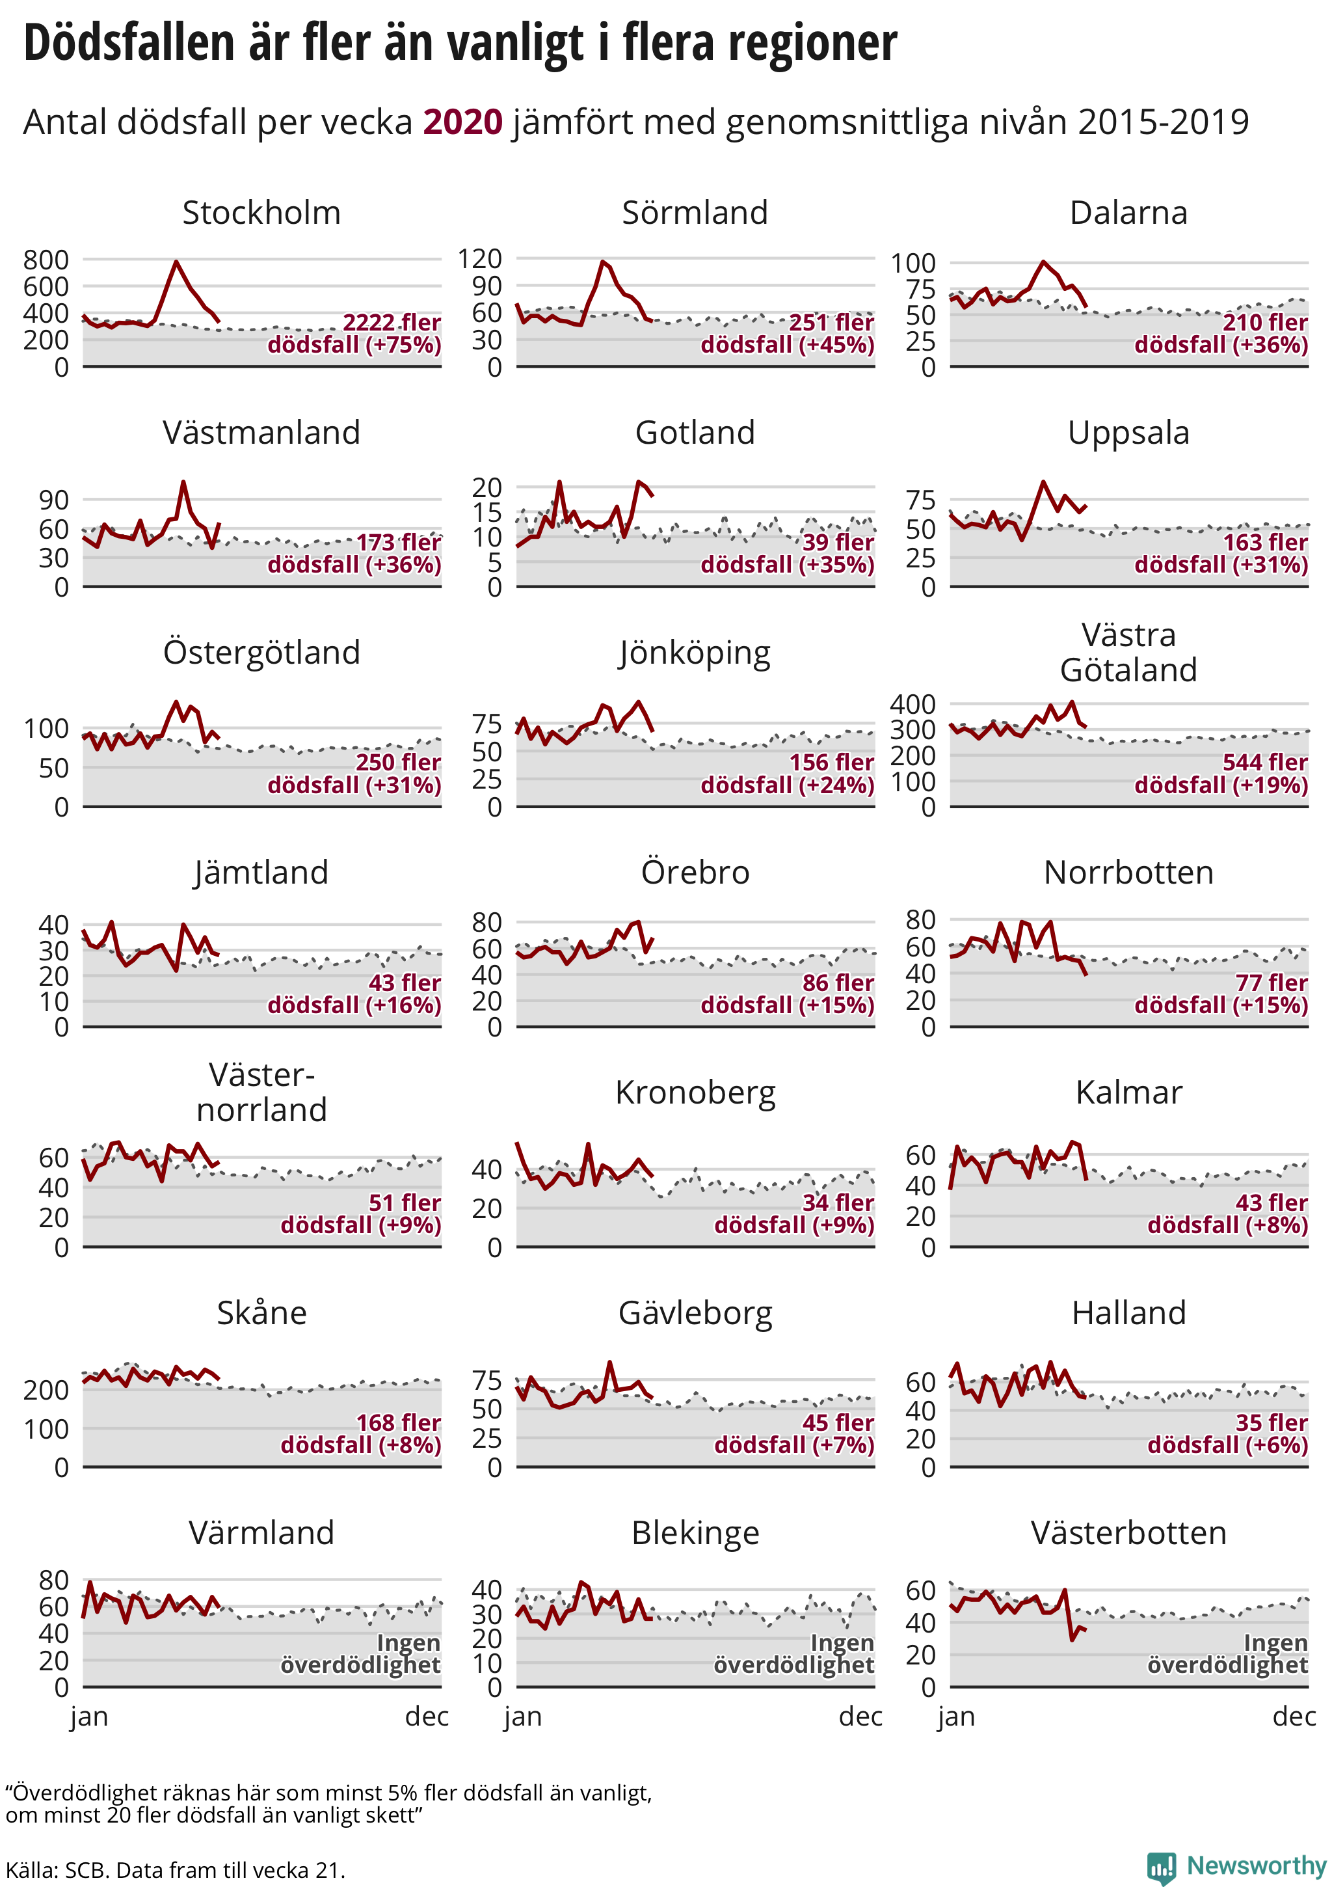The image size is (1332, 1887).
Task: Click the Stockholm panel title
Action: [x=261, y=213]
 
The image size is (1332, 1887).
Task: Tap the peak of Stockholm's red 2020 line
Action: [x=176, y=262]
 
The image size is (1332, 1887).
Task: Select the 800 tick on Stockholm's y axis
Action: [x=46, y=260]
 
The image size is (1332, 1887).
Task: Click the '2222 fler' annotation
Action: [x=391, y=322]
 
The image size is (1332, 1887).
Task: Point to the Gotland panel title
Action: [x=695, y=432]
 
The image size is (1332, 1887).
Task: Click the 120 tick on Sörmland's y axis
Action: [x=479, y=259]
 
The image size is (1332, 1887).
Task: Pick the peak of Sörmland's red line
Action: [x=603, y=262]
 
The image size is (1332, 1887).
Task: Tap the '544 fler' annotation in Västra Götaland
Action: [x=1264, y=762]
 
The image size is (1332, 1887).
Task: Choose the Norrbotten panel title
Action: [x=1128, y=872]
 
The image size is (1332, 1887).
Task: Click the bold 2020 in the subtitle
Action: [x=462, y=122]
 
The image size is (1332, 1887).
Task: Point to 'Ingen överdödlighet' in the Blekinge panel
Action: [x=793, y=1653]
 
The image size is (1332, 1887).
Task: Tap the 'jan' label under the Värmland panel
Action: [x=88, y=1717]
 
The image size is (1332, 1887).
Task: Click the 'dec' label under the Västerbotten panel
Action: [x=1294, y=1717]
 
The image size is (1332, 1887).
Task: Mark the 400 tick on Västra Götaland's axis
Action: [x=913, y=703]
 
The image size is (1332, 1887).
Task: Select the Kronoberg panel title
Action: [x=695, y=1093]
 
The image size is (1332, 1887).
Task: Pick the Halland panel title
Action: [x=1128, y=1312]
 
